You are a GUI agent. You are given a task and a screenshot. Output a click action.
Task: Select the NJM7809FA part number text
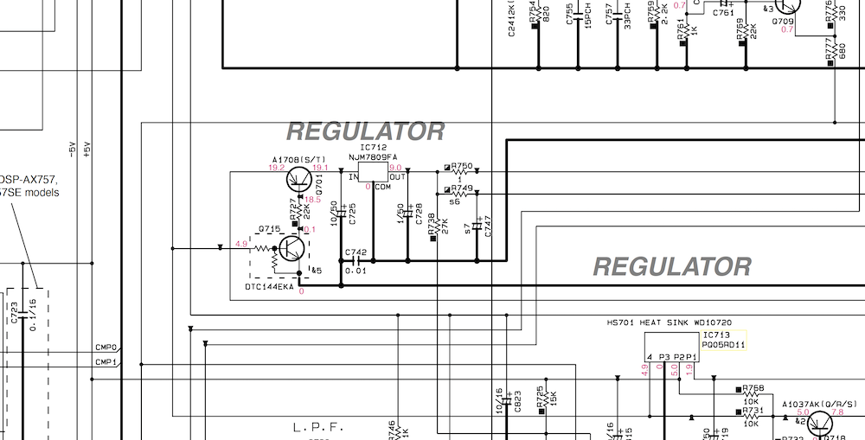point(374,158)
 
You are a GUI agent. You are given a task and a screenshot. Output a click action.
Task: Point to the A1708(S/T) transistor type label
point(298,160)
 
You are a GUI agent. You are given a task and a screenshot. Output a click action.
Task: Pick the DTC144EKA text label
point(269,286)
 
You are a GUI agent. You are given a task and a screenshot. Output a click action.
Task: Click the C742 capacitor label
point(356,252)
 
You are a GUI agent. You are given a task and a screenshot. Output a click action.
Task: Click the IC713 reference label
point(717,334)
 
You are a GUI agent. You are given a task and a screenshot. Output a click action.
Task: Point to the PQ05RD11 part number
point(724,344)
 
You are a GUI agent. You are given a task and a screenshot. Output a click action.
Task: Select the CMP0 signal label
point(106,348)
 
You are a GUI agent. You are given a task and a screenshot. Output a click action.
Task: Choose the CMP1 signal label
point(106,361)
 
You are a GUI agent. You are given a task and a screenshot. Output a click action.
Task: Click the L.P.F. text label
point(318,427)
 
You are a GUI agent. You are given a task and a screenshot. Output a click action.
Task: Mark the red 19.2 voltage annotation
point(277,168)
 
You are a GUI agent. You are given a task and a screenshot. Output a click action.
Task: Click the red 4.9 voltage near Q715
point(240,245)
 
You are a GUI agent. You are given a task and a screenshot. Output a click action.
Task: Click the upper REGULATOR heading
point(364,131)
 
